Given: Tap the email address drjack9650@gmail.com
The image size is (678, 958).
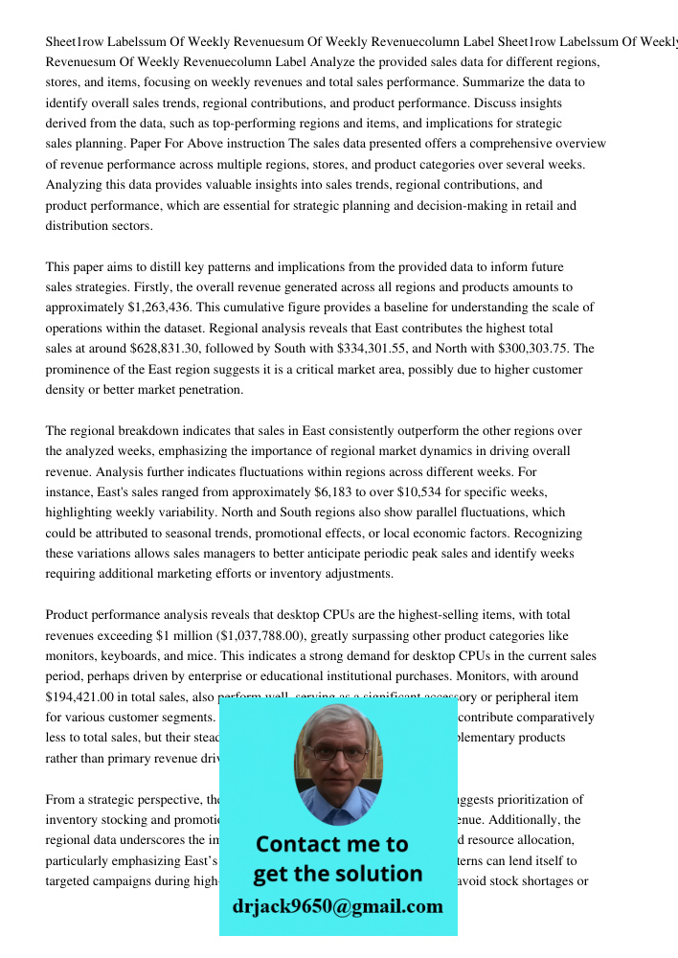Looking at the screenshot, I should pyautogui.click(x=338, y=905).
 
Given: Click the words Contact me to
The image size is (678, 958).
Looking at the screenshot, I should pyautogui.click(x=332, y=844).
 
